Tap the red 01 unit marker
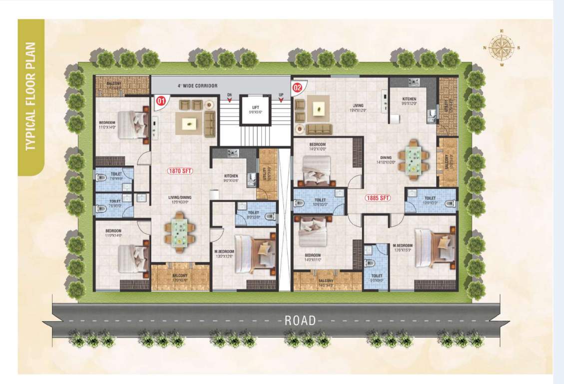(x=161, y=100)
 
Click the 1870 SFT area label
(x=180, y=170)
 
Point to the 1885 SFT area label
(x=377, y=197)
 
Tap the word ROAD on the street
(x=300, y=320)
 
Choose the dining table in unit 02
(x=413, y=159)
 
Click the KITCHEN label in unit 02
(x=409, y=99)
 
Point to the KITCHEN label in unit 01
(x=231, y=176)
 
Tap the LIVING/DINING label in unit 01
(x=179, y=197)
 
